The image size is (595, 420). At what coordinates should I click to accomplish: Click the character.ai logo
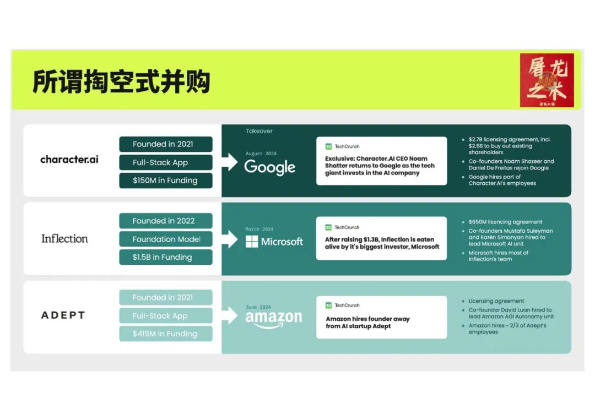point(69,160)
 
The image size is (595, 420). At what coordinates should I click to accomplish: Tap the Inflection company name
point(64,238)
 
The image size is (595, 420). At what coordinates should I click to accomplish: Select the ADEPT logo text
point(63,315)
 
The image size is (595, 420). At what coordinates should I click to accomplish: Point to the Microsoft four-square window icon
point(252,242)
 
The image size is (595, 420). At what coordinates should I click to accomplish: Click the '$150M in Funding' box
point(165,181)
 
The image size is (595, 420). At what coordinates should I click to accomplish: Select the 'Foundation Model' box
point(165,239)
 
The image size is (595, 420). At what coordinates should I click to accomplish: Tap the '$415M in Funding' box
point(165,334)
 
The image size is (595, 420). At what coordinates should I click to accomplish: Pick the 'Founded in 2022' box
point(165,221)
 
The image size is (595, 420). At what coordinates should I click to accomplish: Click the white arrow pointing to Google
point(230,162)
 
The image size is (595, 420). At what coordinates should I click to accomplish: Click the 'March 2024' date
point(259,229)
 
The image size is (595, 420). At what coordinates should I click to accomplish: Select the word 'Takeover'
point(259,131)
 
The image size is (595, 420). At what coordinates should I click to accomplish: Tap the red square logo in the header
point(547,80)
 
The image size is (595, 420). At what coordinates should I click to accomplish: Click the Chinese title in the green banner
point(121,81)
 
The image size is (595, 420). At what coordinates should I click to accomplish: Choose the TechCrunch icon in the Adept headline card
point(329,306)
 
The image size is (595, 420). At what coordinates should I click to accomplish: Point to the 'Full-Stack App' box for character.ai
point(165,162)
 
